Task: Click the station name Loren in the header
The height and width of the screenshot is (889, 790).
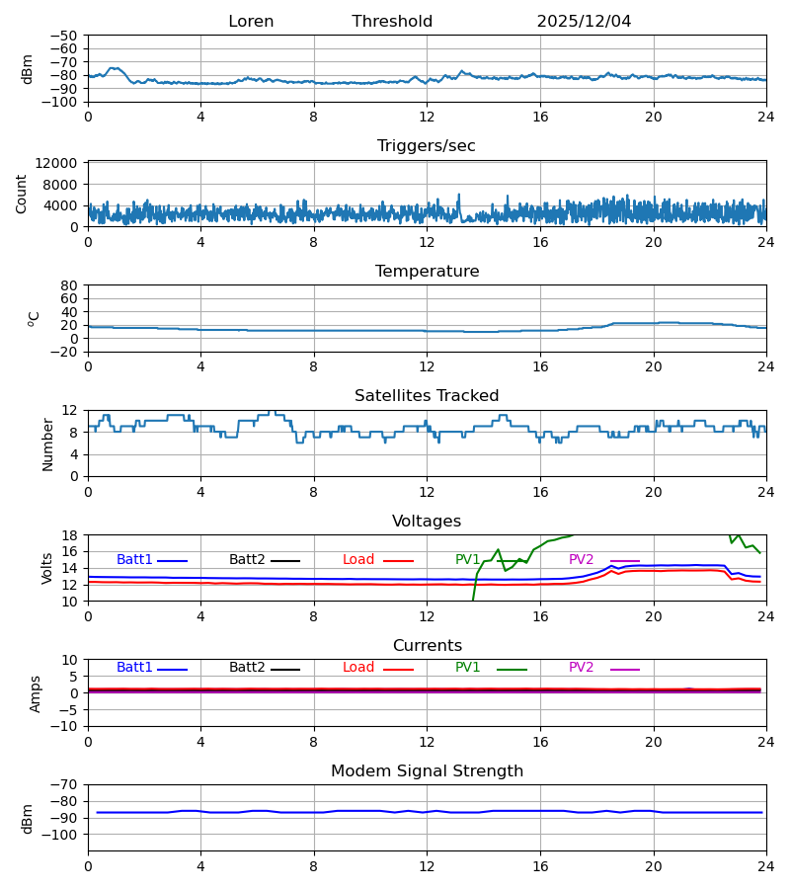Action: (251, 22)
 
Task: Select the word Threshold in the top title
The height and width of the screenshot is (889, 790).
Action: (392, 22)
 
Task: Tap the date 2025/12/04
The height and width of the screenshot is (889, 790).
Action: (584, 22)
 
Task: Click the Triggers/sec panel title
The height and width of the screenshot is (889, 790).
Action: (427, 146)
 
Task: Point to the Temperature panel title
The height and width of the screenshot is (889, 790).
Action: (427, 272)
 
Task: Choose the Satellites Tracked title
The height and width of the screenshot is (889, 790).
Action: (427, 396)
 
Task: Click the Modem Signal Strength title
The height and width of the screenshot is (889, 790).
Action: (427, 771)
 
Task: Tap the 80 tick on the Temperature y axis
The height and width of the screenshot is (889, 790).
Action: (69, 285)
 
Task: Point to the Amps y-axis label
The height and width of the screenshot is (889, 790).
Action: (36, 693)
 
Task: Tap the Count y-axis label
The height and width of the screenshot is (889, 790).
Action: (22, 194)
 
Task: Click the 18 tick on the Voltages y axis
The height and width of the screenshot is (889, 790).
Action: (69, 535)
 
